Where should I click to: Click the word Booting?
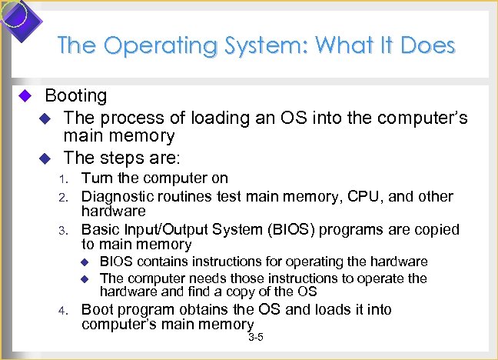pos(76,96)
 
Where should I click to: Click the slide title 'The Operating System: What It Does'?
pos(256,45)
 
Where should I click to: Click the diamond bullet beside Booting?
pos(24,96)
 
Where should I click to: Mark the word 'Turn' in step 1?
pos(98,178)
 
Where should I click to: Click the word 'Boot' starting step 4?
pos(98,310)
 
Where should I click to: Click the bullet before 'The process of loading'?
pos(45,118)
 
